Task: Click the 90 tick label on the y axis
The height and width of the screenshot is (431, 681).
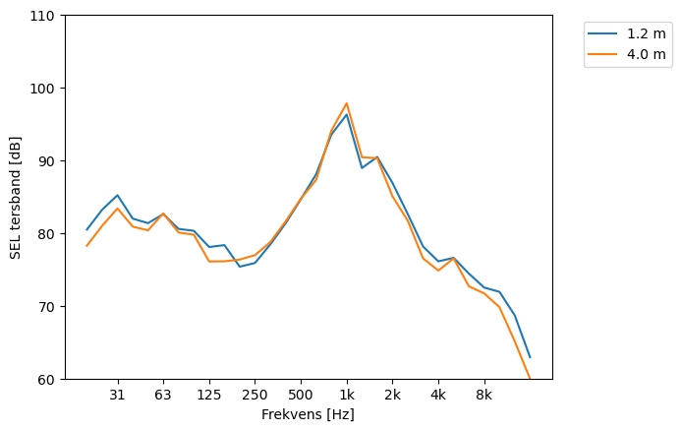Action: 46,161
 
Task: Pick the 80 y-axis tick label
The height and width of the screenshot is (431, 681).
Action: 46,234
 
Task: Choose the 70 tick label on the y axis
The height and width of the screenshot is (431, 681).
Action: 46,307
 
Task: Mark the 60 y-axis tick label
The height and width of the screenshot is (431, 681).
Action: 46,380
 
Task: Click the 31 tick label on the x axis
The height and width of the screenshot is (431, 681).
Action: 118,396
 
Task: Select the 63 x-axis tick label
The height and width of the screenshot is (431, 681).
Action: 163,396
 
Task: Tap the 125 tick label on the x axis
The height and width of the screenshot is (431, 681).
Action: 209,396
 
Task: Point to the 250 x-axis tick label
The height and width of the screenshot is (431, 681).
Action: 255,396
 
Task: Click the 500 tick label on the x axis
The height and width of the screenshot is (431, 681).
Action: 301,396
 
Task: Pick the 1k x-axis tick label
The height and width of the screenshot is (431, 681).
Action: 347,396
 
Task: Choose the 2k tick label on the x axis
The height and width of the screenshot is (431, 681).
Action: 392,396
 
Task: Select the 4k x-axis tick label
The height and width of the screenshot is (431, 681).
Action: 438,396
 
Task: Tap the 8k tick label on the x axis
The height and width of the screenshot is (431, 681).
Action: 483,396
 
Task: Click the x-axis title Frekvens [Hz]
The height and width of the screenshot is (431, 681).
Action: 308,414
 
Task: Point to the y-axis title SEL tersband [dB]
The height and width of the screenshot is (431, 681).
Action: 15,197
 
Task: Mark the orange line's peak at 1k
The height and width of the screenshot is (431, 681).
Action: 347,103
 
